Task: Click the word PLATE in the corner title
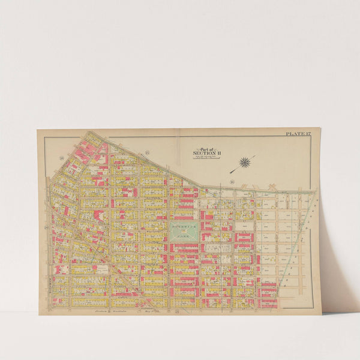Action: click(x=293, y=133)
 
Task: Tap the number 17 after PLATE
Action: click(x=306, y=133)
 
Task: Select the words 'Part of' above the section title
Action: click(x=206, y=149)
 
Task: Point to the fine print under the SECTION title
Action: click(x=206, y=157)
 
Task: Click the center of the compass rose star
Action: click(x=245, y=161)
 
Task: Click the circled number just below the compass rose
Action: click(x=232, y=180)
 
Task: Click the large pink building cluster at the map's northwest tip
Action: click(x=88, y=144)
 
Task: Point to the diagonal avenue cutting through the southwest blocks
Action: click(x=120, y=270)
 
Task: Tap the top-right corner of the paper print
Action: click(x=320, y=128)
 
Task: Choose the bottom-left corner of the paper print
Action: click(x=39, y=314)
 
